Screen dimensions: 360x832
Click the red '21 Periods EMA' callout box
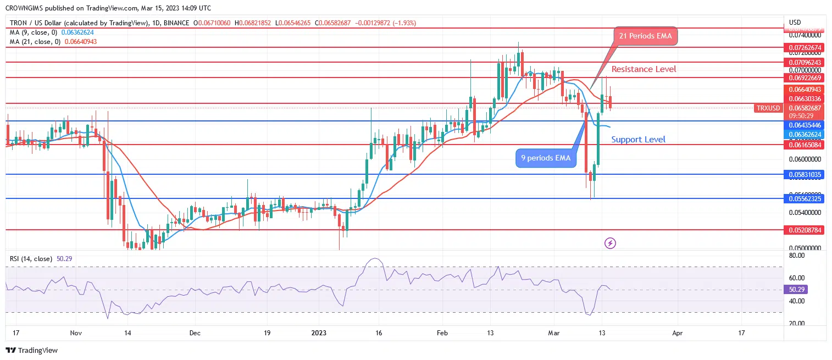646,37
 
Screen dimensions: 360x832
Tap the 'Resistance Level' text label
644,69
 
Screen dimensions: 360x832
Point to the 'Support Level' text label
638,140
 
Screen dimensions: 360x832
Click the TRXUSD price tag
768,108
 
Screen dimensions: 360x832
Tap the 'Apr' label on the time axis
678,333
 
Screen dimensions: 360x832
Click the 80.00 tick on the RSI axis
797,256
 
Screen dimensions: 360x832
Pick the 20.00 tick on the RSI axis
797,323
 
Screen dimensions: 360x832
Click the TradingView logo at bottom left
32,350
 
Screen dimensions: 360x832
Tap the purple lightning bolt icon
609,242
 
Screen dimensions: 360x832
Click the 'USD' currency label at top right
795,23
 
